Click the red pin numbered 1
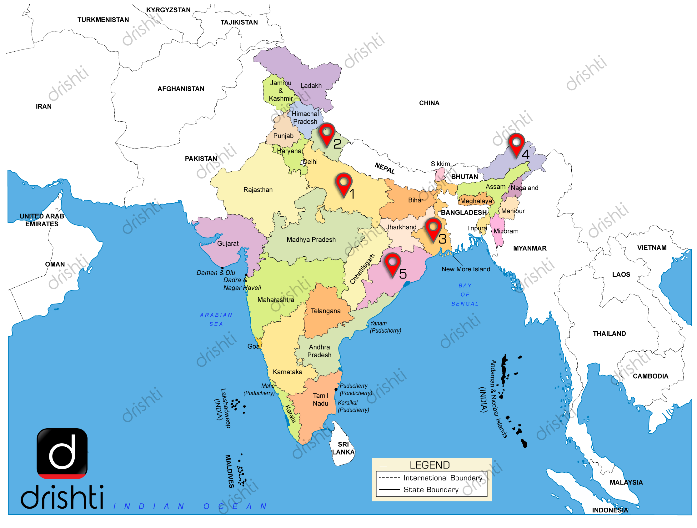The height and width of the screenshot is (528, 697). [344, 184]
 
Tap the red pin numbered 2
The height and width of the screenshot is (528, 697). [326, 134]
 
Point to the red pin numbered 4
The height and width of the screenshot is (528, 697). [516, 145]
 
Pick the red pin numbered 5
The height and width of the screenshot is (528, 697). [392, 264]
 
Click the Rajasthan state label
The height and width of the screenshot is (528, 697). [258, 190]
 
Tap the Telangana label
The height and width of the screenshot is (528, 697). [325, 311]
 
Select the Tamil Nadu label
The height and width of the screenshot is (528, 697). [320, 400]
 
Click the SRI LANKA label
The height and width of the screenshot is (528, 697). [343, 448]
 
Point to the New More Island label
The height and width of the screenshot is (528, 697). [465, 269]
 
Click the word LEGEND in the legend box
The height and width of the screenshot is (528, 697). [429, 465]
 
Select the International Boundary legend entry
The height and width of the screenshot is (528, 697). [442, 478]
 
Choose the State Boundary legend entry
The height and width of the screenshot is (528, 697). [431, 490]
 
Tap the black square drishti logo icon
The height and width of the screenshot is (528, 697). [62, 453]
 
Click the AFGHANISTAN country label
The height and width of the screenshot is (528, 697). [181, 89]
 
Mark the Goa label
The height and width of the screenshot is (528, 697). [253, 346]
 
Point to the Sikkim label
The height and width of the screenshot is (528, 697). [440, 164]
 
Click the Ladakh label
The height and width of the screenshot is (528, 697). [311, 86]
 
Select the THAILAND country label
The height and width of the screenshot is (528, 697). [609, 334]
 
